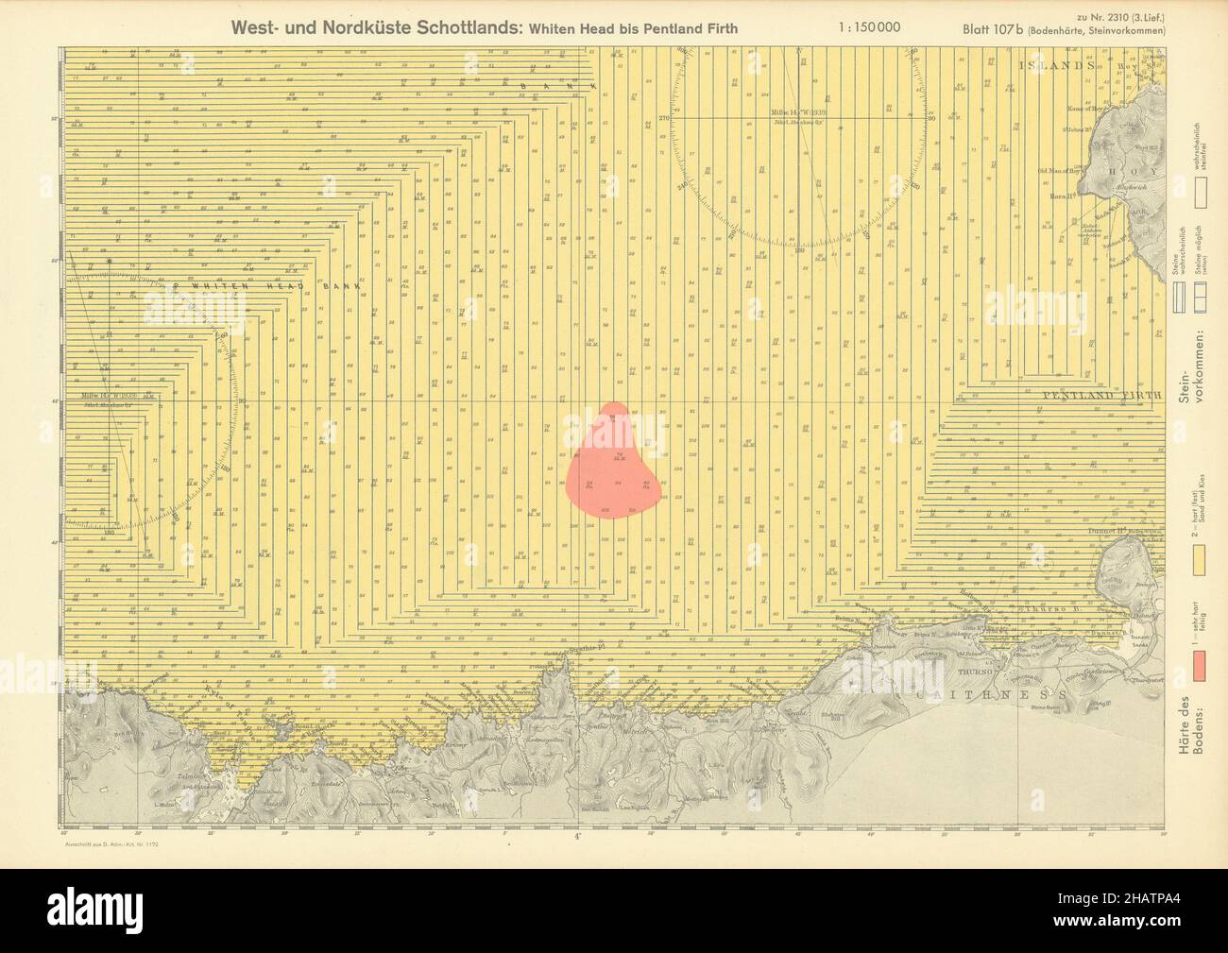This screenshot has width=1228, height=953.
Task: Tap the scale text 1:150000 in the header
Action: pyautogui.click(x=868, y=27)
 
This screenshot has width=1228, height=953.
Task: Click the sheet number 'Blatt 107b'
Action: pyautogui.click(x=996, y=29)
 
